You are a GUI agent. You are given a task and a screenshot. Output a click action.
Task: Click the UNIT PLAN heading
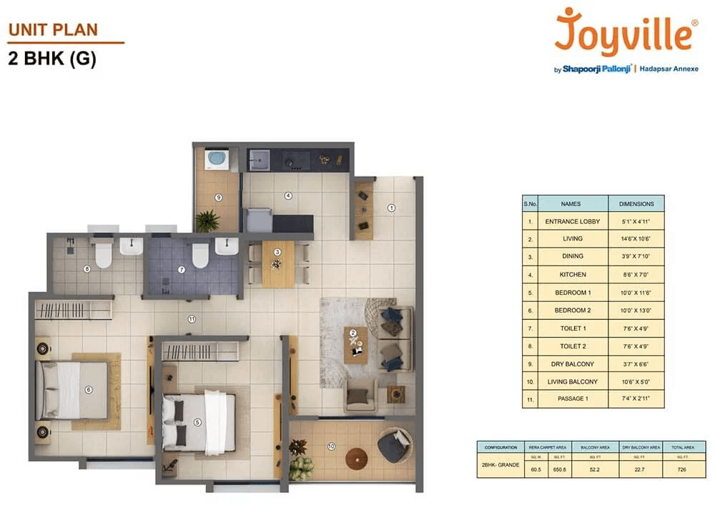tap(53, 30)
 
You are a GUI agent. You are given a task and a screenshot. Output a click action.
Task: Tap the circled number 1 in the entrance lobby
tap(391, 208)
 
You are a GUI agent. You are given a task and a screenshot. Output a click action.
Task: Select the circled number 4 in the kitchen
tap(288, 195)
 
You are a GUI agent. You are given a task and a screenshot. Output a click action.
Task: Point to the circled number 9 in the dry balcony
tap(219, 198)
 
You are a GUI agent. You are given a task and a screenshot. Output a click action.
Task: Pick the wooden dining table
tap(277, 263)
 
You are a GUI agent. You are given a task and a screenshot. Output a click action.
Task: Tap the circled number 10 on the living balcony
tap(331, 447)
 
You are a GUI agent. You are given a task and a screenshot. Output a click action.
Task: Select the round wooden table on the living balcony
tap(356, 458)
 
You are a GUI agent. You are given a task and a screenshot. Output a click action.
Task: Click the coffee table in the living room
tap(355, 344)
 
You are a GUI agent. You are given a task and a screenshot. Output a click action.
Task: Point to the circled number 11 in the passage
tap(191, 318)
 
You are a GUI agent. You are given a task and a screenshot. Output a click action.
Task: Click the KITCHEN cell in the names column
tap(572, 274)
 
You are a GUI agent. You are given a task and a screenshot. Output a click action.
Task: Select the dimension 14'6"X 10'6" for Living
tap(636, 239)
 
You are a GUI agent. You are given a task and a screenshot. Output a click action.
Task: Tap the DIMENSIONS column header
tap(636, 203)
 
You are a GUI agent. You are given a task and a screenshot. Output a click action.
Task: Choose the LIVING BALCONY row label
tap(572, 382)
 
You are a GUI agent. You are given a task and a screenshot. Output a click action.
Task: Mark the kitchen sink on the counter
tap(259, 159)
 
